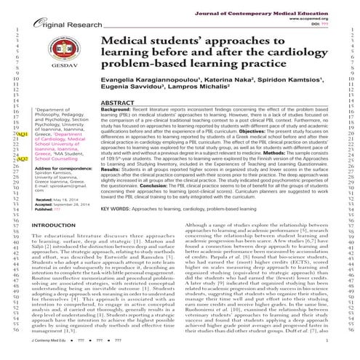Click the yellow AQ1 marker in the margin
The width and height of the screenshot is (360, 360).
click(x=23, y=135)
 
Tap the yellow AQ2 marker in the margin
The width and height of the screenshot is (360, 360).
click(x=23, y=159)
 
